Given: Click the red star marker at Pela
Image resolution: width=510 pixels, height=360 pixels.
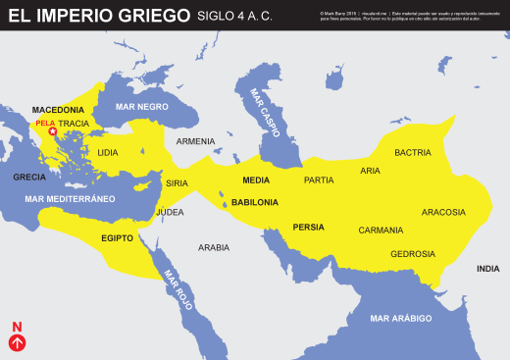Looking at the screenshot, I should pos(52,131).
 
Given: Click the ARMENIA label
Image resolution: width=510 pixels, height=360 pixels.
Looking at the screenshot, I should pos(195,141).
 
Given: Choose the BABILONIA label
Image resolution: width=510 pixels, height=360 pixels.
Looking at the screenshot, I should pos(255,202).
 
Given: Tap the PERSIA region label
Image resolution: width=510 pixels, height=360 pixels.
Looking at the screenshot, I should pos(308,228).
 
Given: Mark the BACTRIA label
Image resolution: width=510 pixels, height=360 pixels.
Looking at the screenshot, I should pos(412,152).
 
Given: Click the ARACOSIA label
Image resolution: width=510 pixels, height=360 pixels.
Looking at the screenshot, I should pos(443,212).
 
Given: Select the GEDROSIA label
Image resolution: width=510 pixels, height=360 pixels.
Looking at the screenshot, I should pos(412,254).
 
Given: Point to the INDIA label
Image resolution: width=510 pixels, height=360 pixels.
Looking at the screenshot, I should pos(487,269).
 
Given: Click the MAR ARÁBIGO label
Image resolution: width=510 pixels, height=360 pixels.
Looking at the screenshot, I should pos(401,319).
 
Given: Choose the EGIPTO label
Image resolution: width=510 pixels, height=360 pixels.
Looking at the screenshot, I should pos(117,238).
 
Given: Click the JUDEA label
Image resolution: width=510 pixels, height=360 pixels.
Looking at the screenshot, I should pos(170,212).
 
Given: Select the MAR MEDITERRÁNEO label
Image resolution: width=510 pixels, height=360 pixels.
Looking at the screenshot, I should pos(71,199).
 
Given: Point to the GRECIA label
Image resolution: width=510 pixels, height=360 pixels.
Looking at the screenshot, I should pos(29,178).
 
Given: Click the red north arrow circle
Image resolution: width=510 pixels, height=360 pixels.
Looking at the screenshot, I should pos(16,342).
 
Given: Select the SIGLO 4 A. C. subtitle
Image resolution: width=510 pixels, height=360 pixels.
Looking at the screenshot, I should pos(235,17).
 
